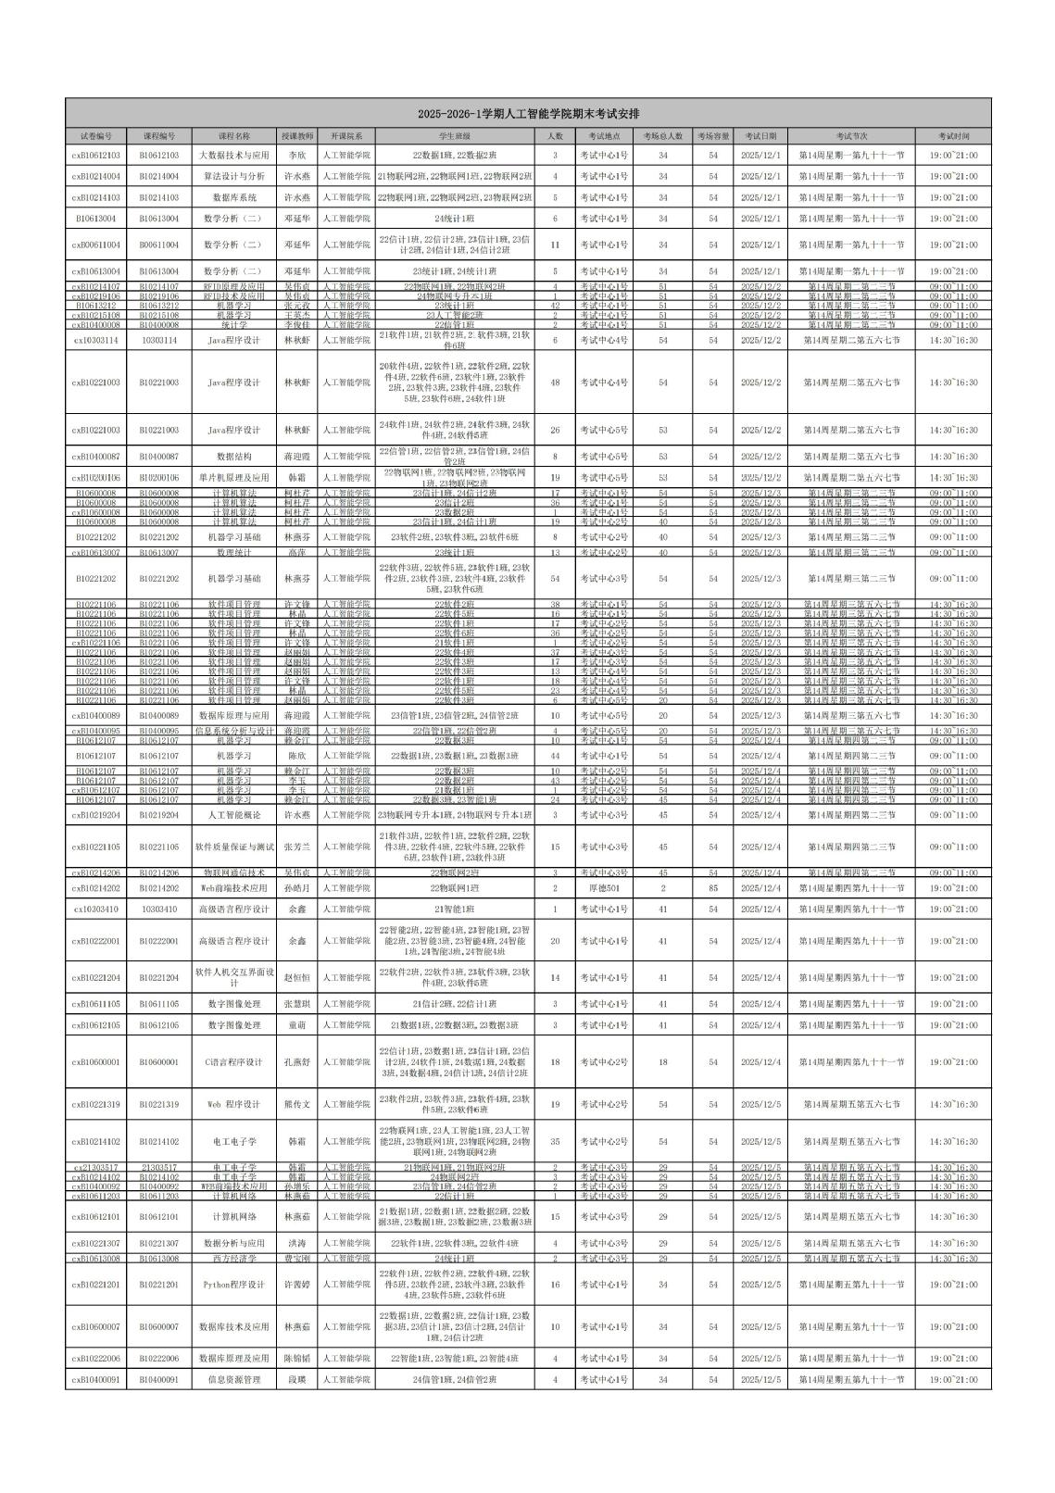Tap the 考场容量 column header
(713, 135)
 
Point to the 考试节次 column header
(852, 135)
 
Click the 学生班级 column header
(455, 135)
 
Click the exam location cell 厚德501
(604, 888)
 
